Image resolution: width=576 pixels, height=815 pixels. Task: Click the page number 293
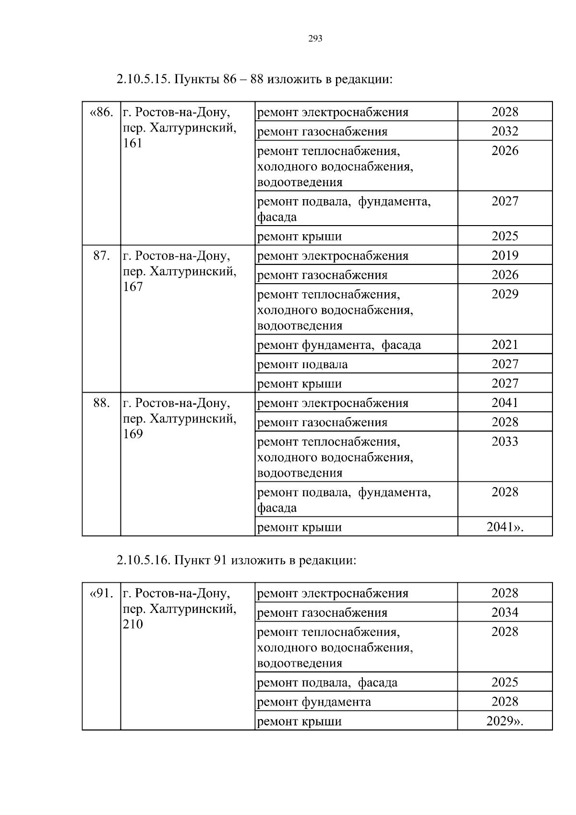pyautogui.click(x=315, y=39)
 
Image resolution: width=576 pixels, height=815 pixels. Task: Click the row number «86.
pyautogui.click(x=101, y=112)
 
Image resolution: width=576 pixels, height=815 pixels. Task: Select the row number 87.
pyautogui.click(x=101, y=256)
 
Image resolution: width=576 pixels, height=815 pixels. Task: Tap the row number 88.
pyautogui.click(x=101, y=403)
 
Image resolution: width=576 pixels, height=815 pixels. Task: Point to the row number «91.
pyautogui.click(x=101, y=594)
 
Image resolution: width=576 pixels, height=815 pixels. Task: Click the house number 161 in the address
pyautogui.click(x=133, y=144)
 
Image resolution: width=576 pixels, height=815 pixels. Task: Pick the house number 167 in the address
pyautogui.click(x=133, y=287)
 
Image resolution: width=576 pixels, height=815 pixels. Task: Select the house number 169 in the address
pyautogui.click(x=133, y=434)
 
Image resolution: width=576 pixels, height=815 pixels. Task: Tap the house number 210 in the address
pyautogui.click(x=133, y=624)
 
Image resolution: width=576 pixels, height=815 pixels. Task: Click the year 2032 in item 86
pyautogui.click(x=505, y=132)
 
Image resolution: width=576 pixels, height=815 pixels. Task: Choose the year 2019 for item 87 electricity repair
pyautogui.click(x=505, y=256)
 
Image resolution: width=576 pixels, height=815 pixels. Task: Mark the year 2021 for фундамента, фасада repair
pyautogui.click(x=505, y=345)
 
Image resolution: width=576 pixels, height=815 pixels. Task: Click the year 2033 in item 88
pyautogui.click(x=505, y=442)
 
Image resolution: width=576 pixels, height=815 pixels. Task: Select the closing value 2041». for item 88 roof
pyautogui.click(x=505, y=527)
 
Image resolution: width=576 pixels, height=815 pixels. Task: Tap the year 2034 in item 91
pyautogui.click(x=505, y=613)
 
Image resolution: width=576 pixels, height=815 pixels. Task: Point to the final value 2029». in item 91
pyautogui.click(x=505, y=721)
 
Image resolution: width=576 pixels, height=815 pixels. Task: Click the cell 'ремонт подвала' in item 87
pyautogui.click(x=302, y=365)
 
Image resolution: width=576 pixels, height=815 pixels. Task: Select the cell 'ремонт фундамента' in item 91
pyautogui.click(x=314, y=702)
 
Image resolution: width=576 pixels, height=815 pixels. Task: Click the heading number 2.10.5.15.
pyautogui.click(x=143, y=79)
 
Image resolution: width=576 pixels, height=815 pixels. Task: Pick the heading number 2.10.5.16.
pyautogui.click(x=143, y=560)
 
